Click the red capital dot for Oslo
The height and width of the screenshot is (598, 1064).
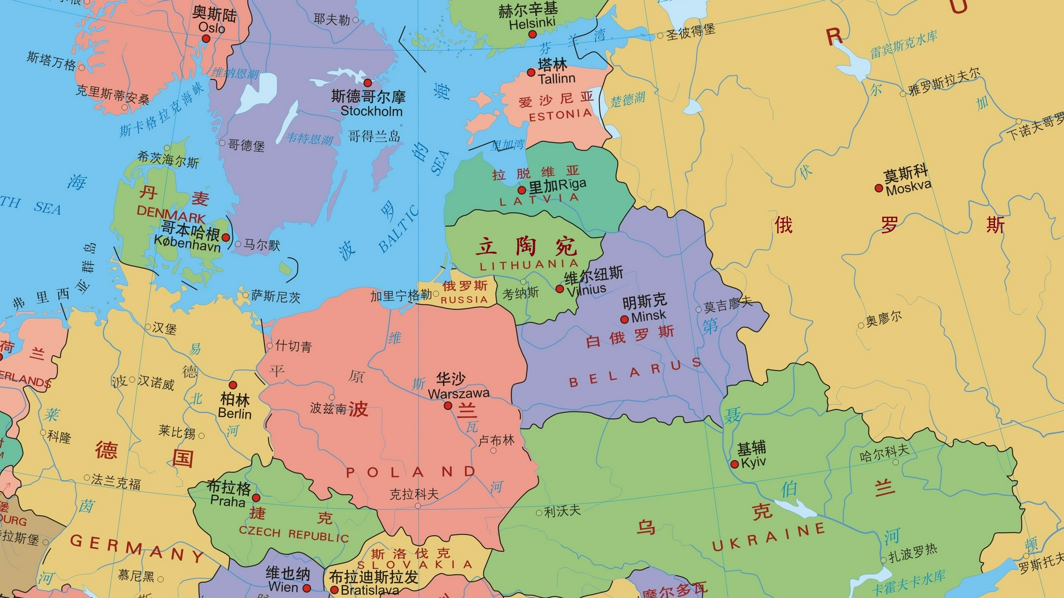click(x=206, y=38)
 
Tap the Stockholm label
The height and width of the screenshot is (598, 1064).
click(x=371, y=111)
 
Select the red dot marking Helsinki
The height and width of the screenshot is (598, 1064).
click(x=532, y=34)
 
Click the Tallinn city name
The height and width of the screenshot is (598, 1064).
click(x=556, y=79)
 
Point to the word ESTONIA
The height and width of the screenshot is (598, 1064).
click(x=560, y=115)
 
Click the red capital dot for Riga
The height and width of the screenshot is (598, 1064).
click(x=522, y=190)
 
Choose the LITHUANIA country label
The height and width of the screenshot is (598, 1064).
click(x=529, y=265)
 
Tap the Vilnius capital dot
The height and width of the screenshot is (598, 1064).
click(x=560, y=289)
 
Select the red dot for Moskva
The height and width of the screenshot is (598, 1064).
click(x=879, y=188)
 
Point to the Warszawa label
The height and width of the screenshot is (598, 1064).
click(x=458, y=393)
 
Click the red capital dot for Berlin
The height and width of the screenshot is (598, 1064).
click(x=233, y=385)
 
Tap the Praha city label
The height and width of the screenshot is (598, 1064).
click(x=228, y=501)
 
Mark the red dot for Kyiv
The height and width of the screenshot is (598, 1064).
click(x=734, y=464)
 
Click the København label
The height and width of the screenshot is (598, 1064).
click(x=187, y=243)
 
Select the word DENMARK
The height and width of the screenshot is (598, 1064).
click(x=171, y=214)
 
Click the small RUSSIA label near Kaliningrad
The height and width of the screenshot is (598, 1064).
click(x=464, y=300)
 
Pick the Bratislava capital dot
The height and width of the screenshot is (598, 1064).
click(x=334, y=590)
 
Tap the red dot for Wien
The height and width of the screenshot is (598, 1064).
click(x=307, y=588)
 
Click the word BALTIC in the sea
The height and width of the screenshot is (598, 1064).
click(x=398, y=228)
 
